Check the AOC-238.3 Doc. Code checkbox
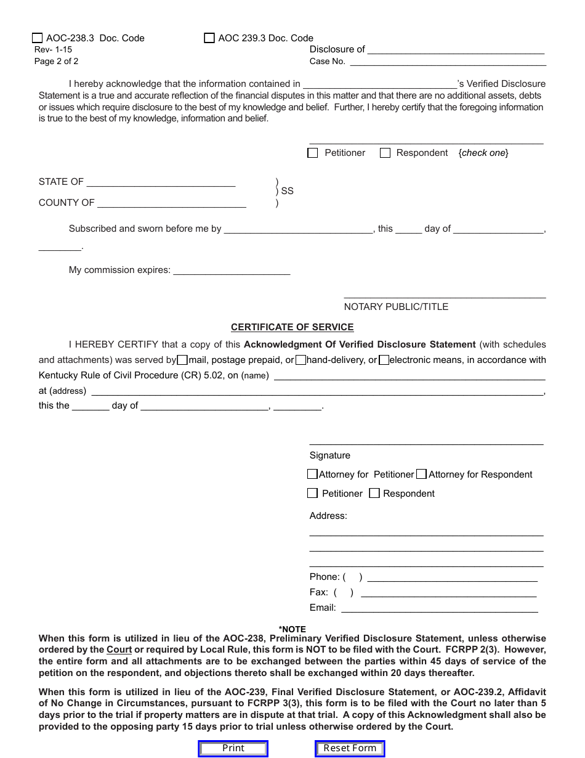(x=38, y=38)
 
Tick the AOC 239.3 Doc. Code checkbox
(x=209, y=38)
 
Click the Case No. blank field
(x=448, y=61)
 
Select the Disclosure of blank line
(x=456, y=49)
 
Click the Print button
(x=233, y=748)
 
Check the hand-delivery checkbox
(x=301, y=361)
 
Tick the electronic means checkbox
(x=384, y=361)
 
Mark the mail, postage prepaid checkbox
(x=182, y=361)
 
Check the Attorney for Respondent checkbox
(x=421, y=475)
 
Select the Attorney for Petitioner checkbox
(x=312, y=475)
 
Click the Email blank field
(x=440, y=608)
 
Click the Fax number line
(x=448, y=592)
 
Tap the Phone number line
(x=452, y=577)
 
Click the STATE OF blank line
(x=161, y=182)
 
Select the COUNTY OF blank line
(x=172, y=203)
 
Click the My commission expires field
(x=232, y=270)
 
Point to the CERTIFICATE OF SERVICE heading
(x=292, y=327)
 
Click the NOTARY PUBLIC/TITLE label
(x=396, y=307)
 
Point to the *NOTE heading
(x=292, y=629)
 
